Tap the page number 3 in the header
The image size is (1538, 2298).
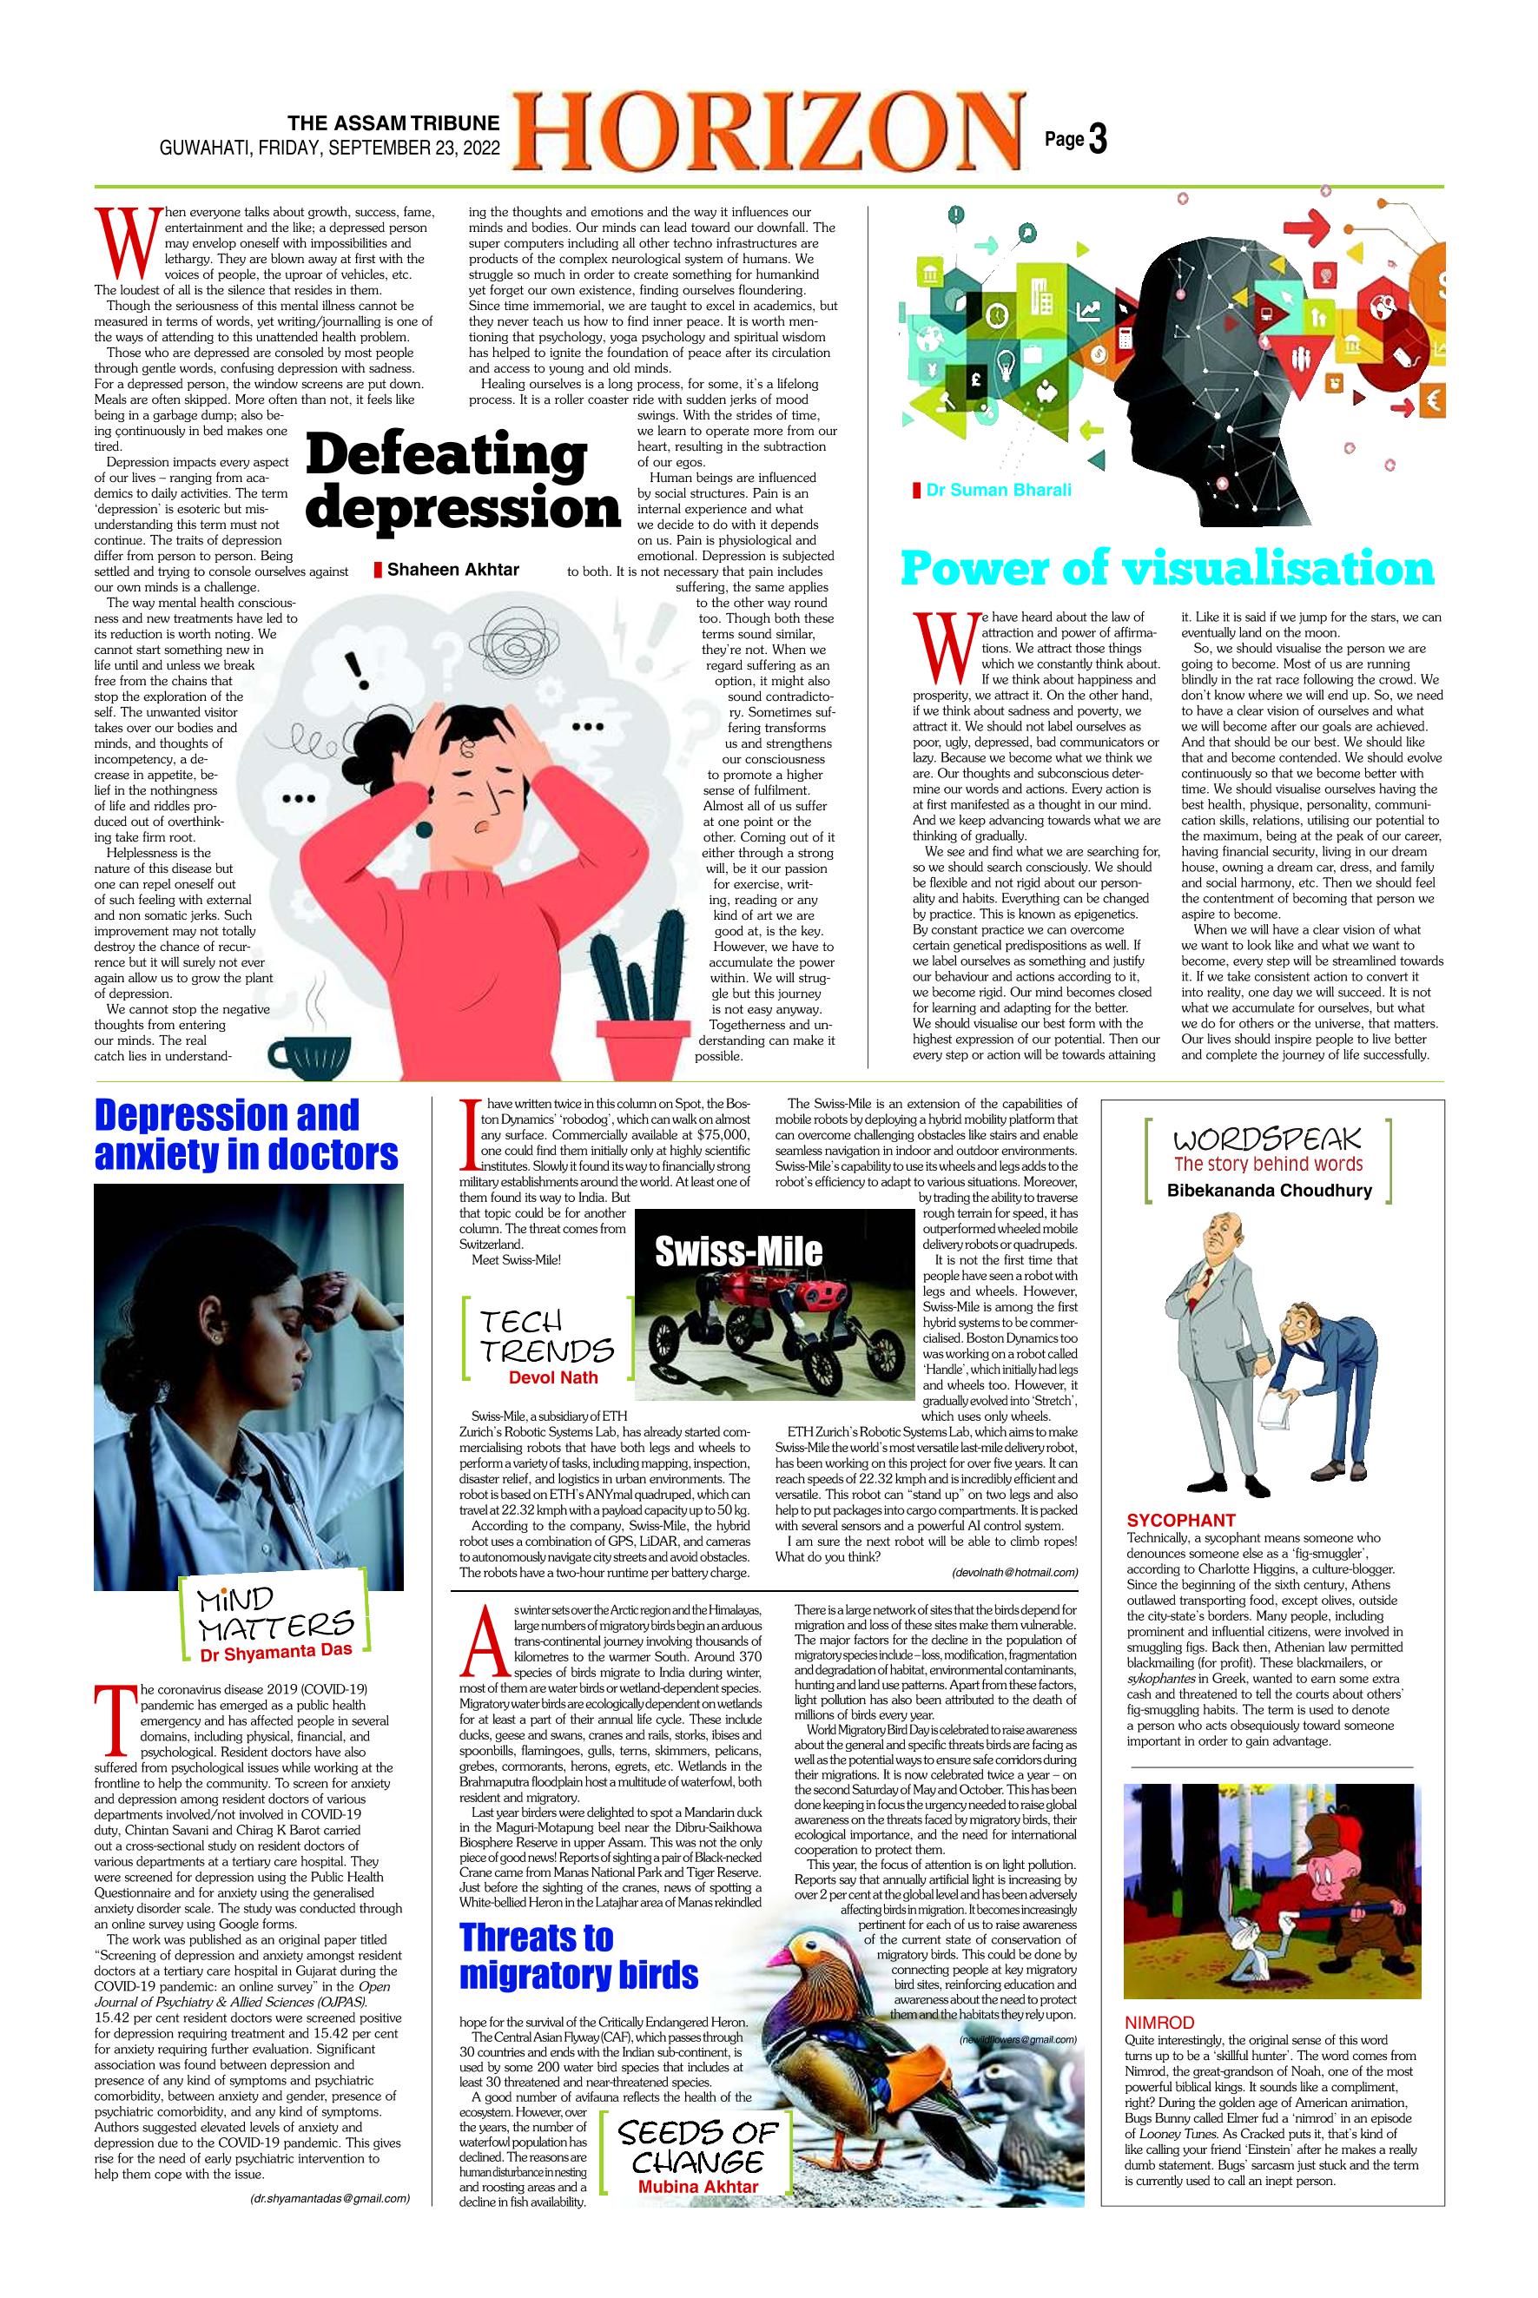click(x=1097, y=140)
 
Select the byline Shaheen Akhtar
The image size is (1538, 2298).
click(x=452, y=570)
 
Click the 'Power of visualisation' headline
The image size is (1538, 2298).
click(x=1167, y=568)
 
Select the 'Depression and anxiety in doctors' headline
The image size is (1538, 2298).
click(x=246, y=1135)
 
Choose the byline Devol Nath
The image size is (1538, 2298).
click(x=552, y=1377)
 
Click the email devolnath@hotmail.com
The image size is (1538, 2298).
click(x=1014, y=1572)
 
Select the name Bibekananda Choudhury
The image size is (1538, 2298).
click(x=1268, y=1192)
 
